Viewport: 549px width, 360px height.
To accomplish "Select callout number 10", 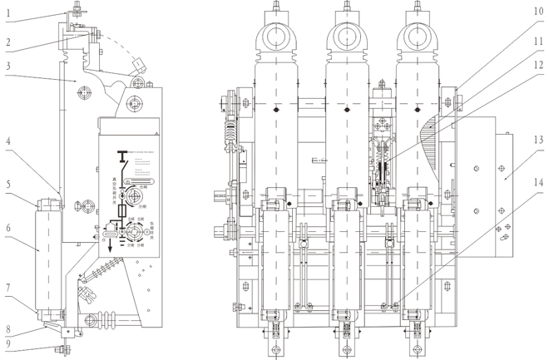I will click(538, 12).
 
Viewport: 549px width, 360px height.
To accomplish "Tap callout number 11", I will click(538, 39).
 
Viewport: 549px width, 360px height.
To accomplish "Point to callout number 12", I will click(538, 65).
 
